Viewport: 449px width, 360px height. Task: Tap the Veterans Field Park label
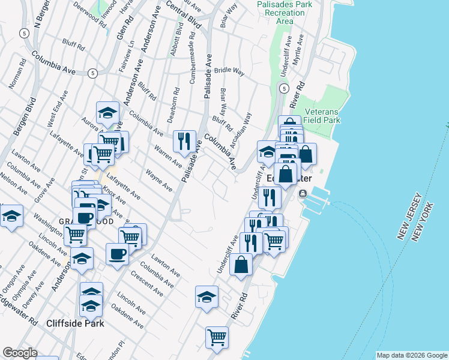[322, 116]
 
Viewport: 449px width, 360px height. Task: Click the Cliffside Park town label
[75, 323]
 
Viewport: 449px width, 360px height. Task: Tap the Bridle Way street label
[229, 71]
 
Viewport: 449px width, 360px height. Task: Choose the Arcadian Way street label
[243, 127]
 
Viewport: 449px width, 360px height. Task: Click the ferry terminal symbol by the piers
[302, 193]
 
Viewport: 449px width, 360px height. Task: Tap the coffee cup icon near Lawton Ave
[116, 253]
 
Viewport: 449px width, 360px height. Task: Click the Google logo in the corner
[19, 352]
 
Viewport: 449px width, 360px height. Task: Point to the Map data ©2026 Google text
[411, 355]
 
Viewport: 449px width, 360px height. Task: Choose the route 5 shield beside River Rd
[283, 89]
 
